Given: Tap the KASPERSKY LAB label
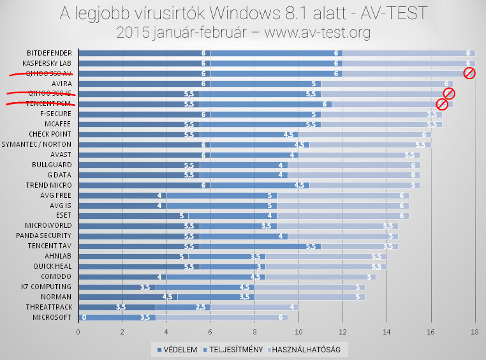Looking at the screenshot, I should pyautogui.click(x=48, y=63).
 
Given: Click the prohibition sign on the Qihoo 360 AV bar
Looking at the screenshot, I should pyautogui.click(x=469, y=73).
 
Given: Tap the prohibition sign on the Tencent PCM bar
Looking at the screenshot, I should pyautogui.click(x=441, y=104).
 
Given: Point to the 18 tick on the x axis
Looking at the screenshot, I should pyautogui.click(x=475, y=332).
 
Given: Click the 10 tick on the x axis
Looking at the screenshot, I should pyautogui.click(x=298, y=332).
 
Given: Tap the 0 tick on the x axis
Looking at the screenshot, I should pyautogui.click(x=78, y=332).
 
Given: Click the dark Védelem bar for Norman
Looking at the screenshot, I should pyautogui.click(x=128, y=297).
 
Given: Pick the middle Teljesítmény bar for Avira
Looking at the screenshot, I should pyautogui.click(x=265, y=84).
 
